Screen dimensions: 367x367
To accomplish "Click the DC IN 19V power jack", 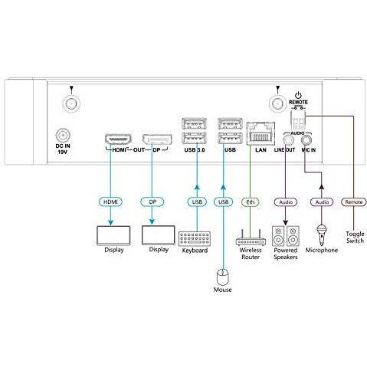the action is (x=63, y=136).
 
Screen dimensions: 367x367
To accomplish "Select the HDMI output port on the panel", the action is (x=118, y=139).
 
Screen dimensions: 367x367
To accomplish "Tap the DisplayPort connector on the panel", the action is (x=156, y=139).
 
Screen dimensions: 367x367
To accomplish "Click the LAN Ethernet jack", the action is (x=261, y=133).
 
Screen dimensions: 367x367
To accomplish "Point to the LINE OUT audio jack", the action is (x=288, y=140).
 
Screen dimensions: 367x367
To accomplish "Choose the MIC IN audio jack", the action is (x=306, y=140).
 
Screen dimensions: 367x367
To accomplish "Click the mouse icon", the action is (x=222, y=277).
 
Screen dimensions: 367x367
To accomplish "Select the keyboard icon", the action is (x=195, y=238).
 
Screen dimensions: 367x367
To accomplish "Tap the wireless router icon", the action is (x=251, y=238).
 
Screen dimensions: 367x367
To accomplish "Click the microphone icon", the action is (x=322, y=234).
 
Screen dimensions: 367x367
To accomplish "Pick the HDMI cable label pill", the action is (x=110, y=202).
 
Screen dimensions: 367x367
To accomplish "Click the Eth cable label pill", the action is (x=251, y=202).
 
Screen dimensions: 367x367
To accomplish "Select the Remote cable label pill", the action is (x=354, y=202).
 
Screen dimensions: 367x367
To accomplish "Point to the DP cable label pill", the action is (x=152, y=202).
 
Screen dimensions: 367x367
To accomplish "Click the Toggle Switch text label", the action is (x=355, y=238).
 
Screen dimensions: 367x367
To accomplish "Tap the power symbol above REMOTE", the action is (x=298, y=96).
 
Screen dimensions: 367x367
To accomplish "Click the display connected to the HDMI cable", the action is (x=113, y=235).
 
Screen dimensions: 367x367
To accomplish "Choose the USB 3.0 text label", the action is (x=195, y=150).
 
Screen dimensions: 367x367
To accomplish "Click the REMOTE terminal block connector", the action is (x=298, y=121).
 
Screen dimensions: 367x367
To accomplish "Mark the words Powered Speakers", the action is (x=286, y=254).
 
